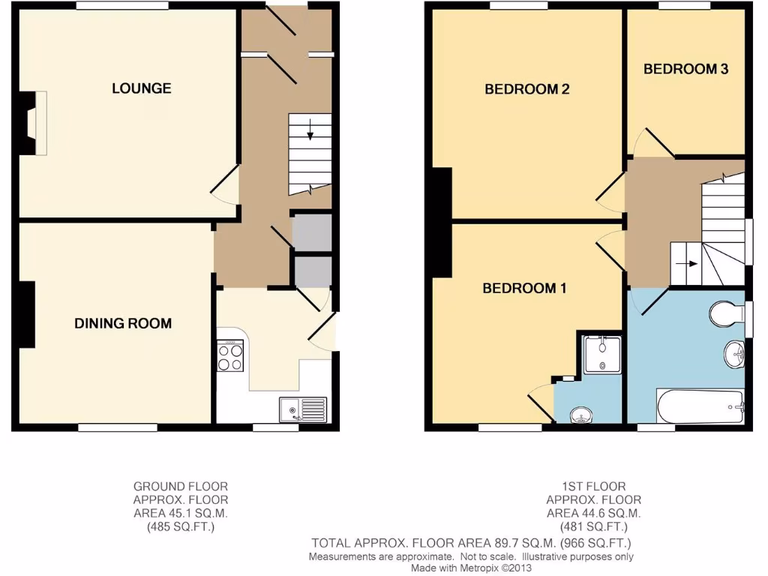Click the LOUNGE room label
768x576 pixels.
(x=141, y=88)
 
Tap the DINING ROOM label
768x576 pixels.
(x=123, y=324)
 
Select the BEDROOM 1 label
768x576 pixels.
(x=524, y=288)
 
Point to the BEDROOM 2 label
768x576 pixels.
(x=526, y=89)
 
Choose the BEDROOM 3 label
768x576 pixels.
(x=685, y=69)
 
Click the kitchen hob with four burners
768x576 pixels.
(x=230, y=356)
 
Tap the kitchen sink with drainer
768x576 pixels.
(x=303, y=409)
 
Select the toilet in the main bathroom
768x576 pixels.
(x=725, y=315)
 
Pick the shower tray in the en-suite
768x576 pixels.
(x=602, y=354)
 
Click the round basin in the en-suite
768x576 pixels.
(x=580, y=414)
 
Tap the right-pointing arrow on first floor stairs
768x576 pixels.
(x=687, y=264)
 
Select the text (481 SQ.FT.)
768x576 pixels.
(x=593, y=526)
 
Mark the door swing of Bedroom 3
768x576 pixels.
(x=646, y=143)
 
